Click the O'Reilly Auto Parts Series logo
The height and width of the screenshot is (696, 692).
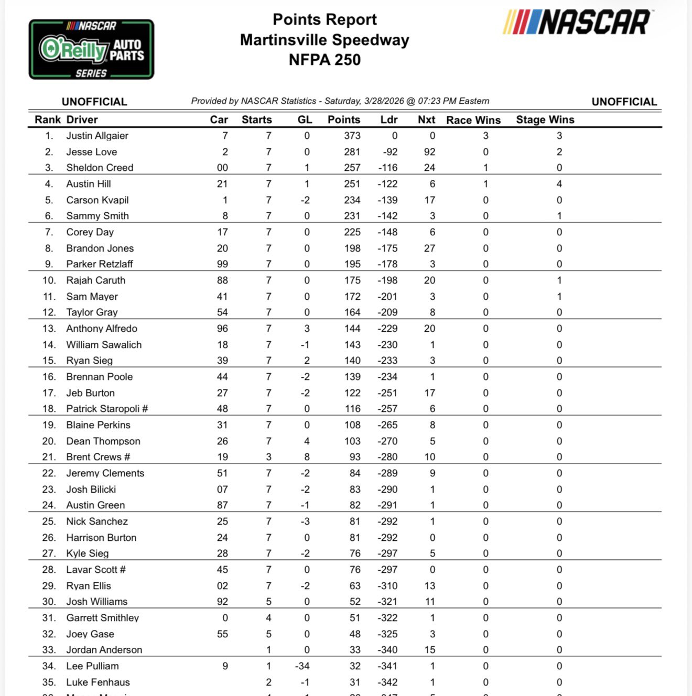coord(91,50)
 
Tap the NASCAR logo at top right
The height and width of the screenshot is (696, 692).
coord(577,23)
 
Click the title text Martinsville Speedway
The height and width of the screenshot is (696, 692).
coord(325,40)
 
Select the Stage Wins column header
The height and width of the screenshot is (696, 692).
coord(545,119)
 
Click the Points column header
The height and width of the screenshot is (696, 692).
coord(343,119)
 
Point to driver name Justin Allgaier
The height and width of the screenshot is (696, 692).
coord(97,136)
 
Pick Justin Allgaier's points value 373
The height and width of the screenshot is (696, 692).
coord(352,136)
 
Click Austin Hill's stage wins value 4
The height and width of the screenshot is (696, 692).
coord(559,184)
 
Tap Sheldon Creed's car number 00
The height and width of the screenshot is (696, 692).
coord(222,168)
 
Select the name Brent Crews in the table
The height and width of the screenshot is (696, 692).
coord(94,457)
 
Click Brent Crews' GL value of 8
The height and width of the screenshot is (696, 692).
coord(307,457)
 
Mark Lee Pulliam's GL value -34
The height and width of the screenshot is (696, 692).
coord(302,666)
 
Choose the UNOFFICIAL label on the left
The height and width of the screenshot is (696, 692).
coord(94,102)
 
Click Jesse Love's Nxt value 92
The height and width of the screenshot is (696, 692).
coord(429,152)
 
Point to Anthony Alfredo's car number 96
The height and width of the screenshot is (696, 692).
coord(222,329)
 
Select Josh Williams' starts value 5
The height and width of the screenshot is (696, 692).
coord(268,602)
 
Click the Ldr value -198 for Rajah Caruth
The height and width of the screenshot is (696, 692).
coord(387,280)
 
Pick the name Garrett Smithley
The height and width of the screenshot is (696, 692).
coord(102,618)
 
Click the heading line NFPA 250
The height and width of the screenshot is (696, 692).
coord(325,60)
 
